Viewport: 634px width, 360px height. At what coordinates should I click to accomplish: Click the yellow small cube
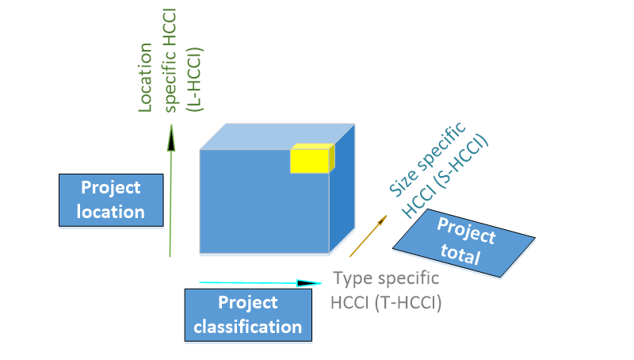tap(311, 159)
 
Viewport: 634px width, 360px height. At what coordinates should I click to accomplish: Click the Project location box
tap(111, 200)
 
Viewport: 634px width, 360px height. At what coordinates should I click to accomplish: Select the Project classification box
tap(248, 314)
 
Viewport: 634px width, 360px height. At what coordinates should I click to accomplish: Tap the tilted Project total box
tap(464, 243)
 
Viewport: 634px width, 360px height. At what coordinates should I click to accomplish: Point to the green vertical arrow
tap(170, 198)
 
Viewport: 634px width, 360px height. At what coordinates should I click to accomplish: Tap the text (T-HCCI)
tap(412, 301)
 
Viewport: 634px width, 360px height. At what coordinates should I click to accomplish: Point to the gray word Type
tap(349, 279)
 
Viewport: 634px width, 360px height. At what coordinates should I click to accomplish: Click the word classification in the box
tap(248, 326)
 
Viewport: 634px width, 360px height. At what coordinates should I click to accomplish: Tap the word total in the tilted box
tap(461, 255)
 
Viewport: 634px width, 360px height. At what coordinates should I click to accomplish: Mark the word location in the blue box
tap(111, 212)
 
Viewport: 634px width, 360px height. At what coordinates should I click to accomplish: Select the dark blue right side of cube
tap(341, 198)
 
